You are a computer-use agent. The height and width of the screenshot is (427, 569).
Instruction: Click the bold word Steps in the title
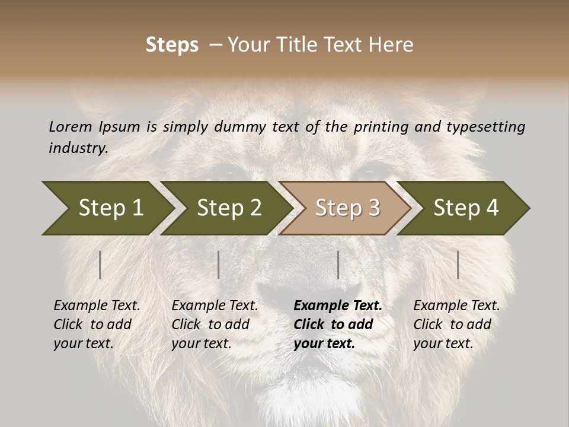tap(172, 45)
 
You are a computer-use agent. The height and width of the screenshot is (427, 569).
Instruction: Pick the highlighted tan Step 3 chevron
tap(347, 208)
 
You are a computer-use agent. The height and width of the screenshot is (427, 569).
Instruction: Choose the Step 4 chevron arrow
tap(466, 208)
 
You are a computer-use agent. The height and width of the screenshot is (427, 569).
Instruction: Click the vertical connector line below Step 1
tap(100, 265)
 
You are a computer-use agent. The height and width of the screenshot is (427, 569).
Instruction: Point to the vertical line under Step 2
tap(219, 265)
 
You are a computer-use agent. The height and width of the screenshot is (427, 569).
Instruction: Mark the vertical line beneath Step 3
tap(338, 265)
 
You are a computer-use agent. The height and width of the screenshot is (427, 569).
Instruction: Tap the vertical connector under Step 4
tap(458, 265)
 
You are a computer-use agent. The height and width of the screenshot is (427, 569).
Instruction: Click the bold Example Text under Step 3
tap(338, 306)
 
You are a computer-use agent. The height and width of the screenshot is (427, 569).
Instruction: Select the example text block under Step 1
tap(97, 324)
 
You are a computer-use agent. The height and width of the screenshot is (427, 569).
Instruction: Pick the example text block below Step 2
tap(215, 324)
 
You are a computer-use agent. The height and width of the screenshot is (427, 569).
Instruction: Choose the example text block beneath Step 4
tap(456, 324)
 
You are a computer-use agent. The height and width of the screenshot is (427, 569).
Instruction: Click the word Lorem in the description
tap(71, 127)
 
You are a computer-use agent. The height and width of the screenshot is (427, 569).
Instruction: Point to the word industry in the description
tap(78, 148)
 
